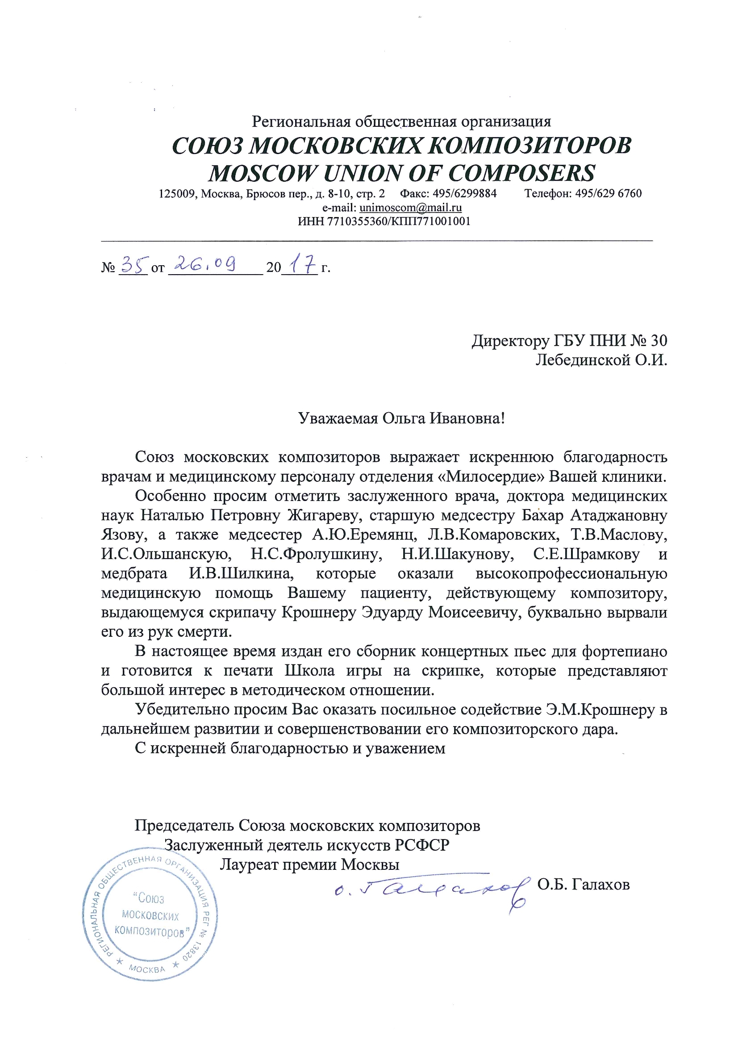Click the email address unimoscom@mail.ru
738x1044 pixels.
(410, 208)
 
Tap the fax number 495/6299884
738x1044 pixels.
(464, 194)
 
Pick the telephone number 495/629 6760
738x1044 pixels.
(609, 194)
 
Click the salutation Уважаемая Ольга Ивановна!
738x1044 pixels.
(401, 418)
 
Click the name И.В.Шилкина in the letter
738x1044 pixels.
(242, 574)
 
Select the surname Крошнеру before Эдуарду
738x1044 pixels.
(319, 613)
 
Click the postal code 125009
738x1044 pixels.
(176, 194)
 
